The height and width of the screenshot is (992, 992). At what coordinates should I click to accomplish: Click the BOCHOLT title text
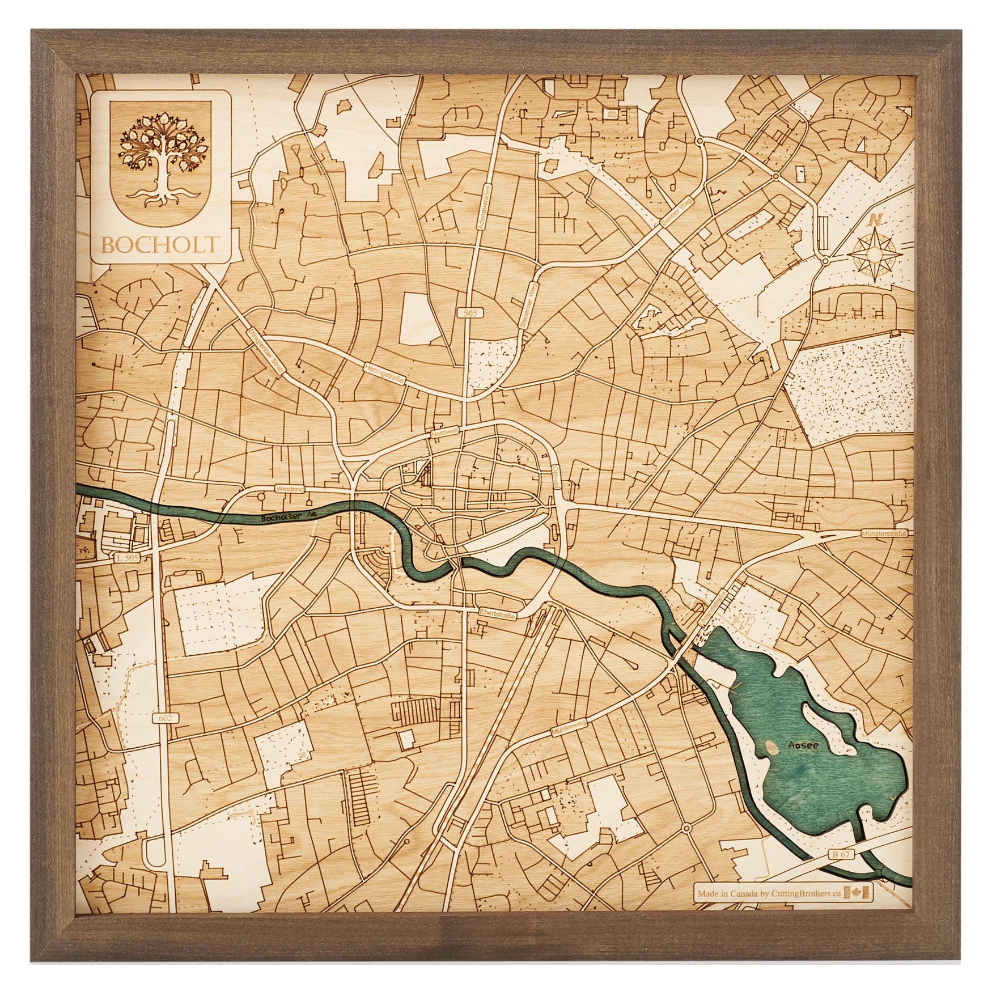click(x=160, y=244)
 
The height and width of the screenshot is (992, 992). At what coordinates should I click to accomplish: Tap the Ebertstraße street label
click(x=498, y=613)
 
